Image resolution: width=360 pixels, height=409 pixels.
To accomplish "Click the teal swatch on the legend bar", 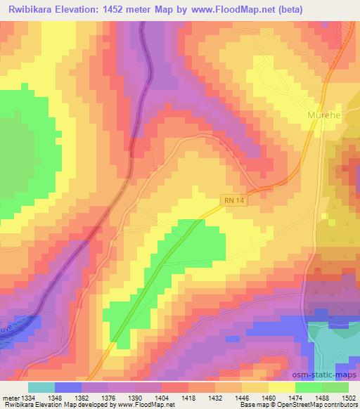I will point(42,387).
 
